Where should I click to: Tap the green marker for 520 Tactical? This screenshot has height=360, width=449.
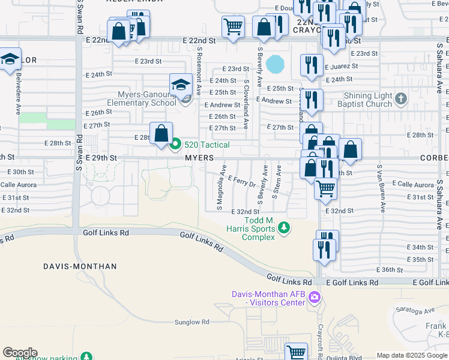tap(175, 144)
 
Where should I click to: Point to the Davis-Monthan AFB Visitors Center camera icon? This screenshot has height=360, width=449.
tap(315, 298)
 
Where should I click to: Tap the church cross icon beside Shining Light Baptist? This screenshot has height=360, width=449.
tap(401, 98)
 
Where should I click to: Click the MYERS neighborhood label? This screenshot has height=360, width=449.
tap(199, 157)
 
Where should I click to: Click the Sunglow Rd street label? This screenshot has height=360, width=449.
tap(191, 322)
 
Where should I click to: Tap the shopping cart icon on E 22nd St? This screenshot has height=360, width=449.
tap(233, 26)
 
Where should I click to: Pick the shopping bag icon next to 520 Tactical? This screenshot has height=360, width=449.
tap(161, 133)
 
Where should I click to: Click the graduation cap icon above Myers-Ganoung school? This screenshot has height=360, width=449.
tap(180, 85)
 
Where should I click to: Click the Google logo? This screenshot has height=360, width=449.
tap(20, 353)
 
